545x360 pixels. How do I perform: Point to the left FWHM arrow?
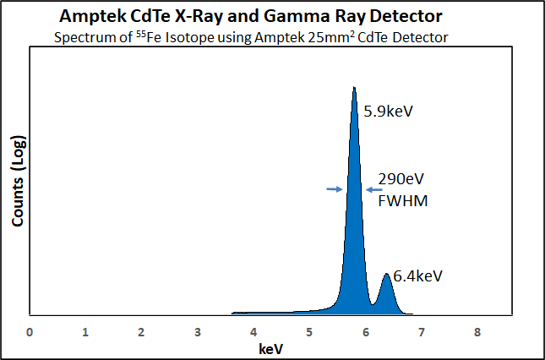coord(334,189)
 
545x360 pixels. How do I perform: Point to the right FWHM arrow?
coord(373,190)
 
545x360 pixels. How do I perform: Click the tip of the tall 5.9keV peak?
coord(354,87)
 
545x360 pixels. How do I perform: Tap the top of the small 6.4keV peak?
coord(386,274)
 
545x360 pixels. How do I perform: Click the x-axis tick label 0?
coord(30,332)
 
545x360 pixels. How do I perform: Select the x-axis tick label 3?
coord(198,332)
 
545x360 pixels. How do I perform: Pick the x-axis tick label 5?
coord(309,332)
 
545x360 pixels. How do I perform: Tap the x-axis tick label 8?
coord(477,332)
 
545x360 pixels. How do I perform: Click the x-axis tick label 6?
coord(366,332)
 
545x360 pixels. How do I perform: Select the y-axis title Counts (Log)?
coord(16,181)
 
